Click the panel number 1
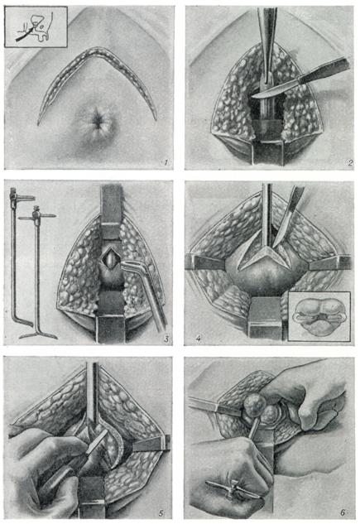(x=166, y=163)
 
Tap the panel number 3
(x=166, y=339)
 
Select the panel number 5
(x=161, y=513)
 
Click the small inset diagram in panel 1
(x=36, y=26)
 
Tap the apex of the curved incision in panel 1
(x=98, y=50)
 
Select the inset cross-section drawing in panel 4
(x=319, y=316)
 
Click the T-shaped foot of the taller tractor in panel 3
(x=37, y=334)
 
